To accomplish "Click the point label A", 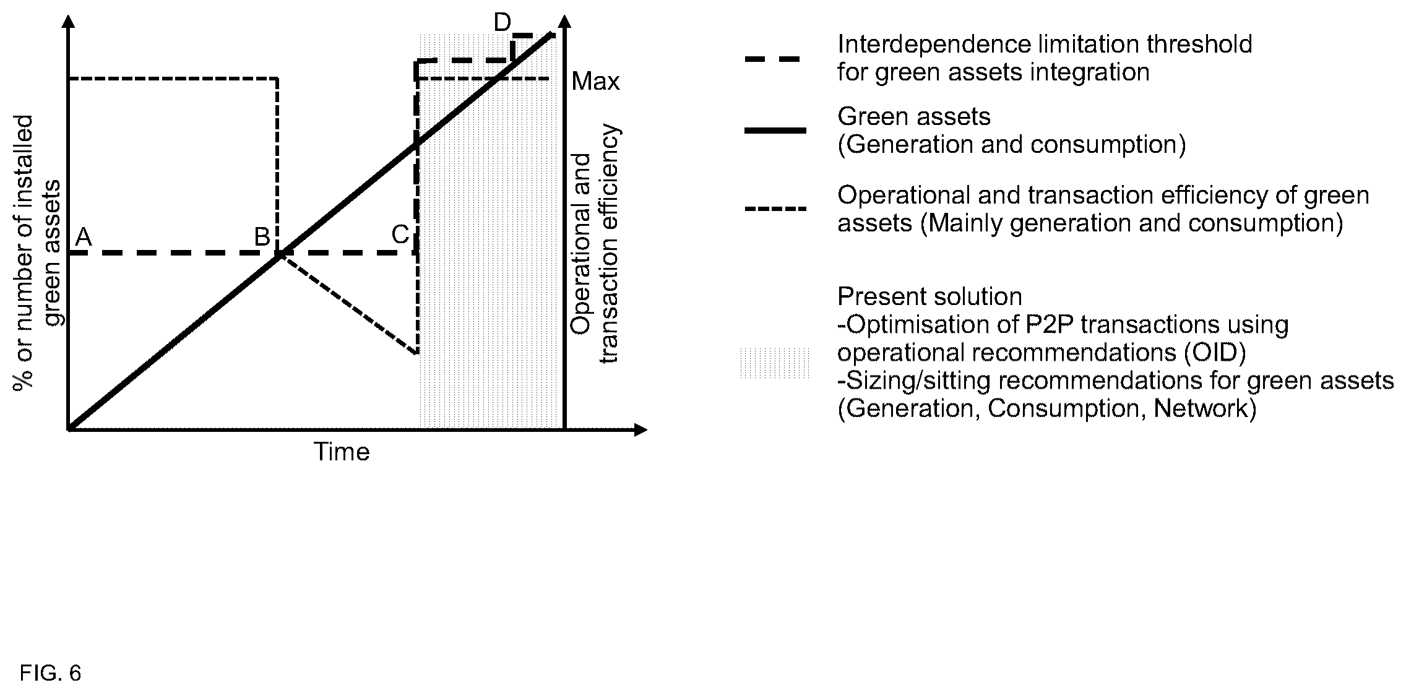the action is [x=83, y=237].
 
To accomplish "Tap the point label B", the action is [x=262, y=237].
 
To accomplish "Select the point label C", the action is [x=400, y=235].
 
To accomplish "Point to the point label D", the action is [x=502, y=23].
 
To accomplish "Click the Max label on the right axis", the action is [x=595, y=82].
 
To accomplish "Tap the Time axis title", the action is [x=342, y=452].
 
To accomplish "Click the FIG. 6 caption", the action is [x=50, y=673].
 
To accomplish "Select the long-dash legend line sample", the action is [x=773, y=59].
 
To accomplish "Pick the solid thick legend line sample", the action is [x=775, y=130].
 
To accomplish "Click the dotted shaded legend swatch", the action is [x=774, y=363].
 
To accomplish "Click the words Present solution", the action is [x=929, y=297].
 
